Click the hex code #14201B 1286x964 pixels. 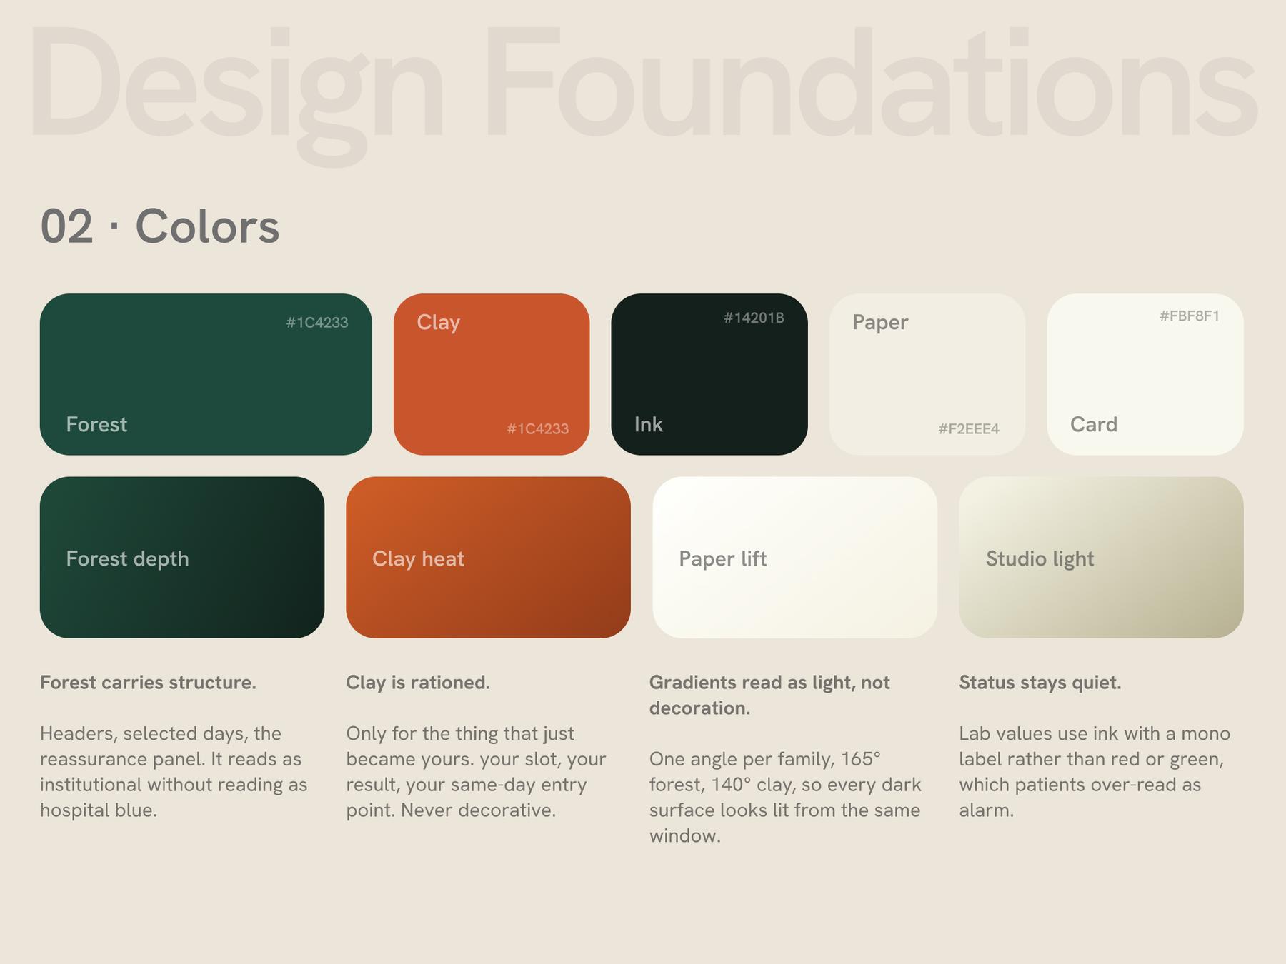point(754,318)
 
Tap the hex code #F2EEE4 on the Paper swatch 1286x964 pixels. point(969,428)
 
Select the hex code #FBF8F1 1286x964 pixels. point(1190,316)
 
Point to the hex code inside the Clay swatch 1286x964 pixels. point(538,428)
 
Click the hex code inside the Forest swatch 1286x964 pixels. point(317,322)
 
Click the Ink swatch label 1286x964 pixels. point(649,424)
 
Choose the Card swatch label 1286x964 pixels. point(1094,424)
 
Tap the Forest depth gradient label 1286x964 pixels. point(128,558)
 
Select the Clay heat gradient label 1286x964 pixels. point(418,558)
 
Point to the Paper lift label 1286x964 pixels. point(723,558)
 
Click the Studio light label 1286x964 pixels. point(1040,558)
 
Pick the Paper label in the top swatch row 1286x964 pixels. point(880,322)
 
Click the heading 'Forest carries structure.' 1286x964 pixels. point(148,683)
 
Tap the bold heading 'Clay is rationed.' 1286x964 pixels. point(418,683)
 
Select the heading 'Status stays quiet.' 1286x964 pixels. point(1040,683)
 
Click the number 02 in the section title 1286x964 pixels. point(66,226)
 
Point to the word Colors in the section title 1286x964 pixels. point(207,226)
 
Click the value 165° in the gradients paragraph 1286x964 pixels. point(861,758)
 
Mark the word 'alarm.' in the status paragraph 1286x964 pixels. point(987,810)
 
